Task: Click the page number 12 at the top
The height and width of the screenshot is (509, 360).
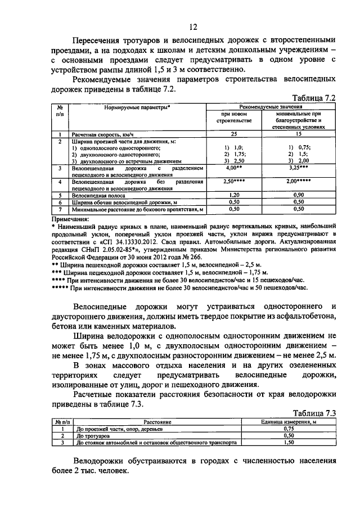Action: (193, 26)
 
